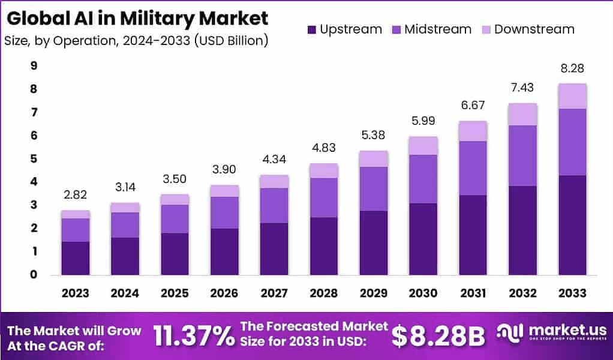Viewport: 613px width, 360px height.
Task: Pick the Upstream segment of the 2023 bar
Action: click(x=75, y=258)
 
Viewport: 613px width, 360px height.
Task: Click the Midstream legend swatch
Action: click(x=396, y=29)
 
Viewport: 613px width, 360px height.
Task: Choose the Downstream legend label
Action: click(x=534, y=29)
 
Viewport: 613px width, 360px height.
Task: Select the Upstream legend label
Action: click(x=351, y=29)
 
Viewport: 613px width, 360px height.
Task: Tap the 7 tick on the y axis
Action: click(x=33, y=112)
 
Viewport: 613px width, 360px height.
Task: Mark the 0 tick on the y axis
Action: click(x=33, y=275)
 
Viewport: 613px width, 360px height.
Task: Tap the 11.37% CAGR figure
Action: click(x=194, y=336)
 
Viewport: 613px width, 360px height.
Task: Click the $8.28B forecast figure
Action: click(x=438, y=337)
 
